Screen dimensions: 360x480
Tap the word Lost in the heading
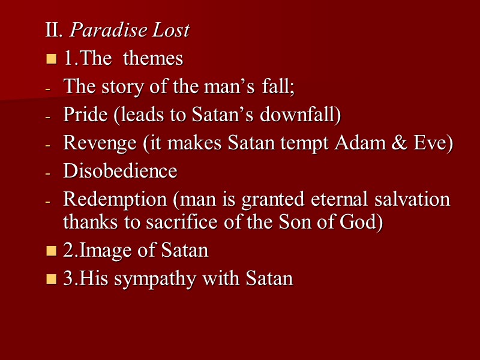tap(170, 30)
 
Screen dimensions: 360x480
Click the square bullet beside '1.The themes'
tap(51, 59)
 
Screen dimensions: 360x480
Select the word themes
tap(153, 58)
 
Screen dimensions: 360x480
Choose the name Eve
tap(428, 143)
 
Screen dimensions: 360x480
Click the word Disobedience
tap(120, 171)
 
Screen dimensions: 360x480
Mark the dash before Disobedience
tap(49, 172)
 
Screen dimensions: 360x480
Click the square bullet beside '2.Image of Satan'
tap(51, 251)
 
